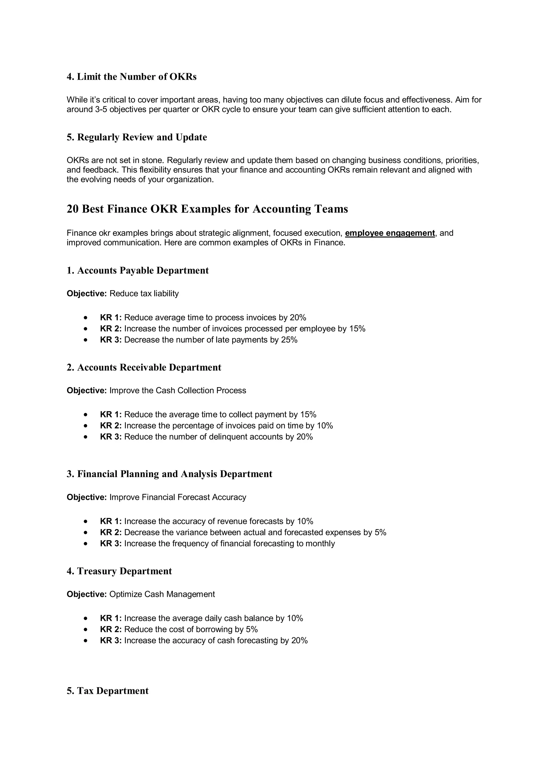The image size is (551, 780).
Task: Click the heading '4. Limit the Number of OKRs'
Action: point(131,77)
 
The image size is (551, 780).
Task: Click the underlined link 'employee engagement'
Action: point(390,233)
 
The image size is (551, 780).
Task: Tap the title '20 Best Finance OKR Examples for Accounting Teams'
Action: point(207,209)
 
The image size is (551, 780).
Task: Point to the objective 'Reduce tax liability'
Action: point(144,293)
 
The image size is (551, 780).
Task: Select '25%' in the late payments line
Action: point(289,340)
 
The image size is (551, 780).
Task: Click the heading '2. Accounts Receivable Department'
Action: point(144,367)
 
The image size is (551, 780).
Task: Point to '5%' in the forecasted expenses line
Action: point(381,532)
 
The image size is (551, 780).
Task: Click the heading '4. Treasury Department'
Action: point(119,571)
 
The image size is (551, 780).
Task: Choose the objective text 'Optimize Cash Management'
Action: point(162,594)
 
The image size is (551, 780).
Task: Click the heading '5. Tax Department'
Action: point(108,691)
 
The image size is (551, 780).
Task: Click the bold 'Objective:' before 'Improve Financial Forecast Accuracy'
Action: point(87,497)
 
